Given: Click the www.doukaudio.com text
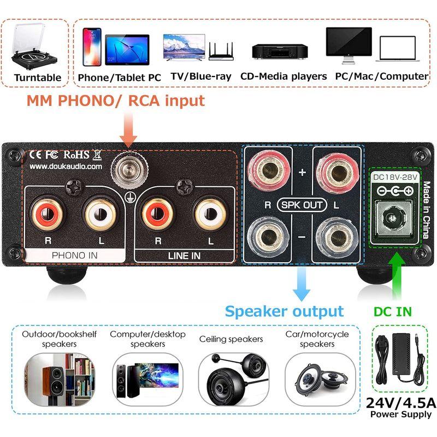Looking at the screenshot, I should [66, 166].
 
